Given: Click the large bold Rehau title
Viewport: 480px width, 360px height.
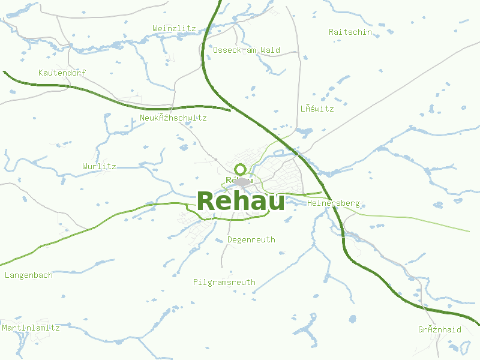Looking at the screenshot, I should (241, 201).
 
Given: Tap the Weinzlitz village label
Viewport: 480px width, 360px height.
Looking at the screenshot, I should (174, 28).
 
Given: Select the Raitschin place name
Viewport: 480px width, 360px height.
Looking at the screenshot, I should (350, 32).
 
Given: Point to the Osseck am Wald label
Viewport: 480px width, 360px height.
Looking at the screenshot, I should (246, 50).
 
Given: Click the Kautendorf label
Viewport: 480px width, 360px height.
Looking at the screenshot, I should (62, 73).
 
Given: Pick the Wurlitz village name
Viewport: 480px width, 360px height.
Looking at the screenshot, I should (99, 166).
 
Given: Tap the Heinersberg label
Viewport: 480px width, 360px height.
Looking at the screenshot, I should (333, 203).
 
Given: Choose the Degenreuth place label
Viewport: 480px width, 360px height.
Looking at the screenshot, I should (251, 240).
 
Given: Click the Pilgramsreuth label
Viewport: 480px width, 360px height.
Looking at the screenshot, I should (224, 282).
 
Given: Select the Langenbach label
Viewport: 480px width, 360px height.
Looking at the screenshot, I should (28, 275).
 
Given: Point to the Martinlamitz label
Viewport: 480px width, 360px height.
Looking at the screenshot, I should (31, 328).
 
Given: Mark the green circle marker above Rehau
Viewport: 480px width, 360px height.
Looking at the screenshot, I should (241, 169).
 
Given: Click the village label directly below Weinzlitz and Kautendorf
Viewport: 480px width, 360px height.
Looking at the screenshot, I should (173, 118).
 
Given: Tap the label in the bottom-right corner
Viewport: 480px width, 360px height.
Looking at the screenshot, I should (440, 330).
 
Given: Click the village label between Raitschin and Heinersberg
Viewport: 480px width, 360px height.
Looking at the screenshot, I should (317, 109).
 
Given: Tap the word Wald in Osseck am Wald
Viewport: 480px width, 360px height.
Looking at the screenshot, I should (270, 50).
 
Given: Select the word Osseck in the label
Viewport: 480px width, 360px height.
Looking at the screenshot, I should (227, 50).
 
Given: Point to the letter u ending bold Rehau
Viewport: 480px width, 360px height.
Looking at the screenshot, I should (277, 202).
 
